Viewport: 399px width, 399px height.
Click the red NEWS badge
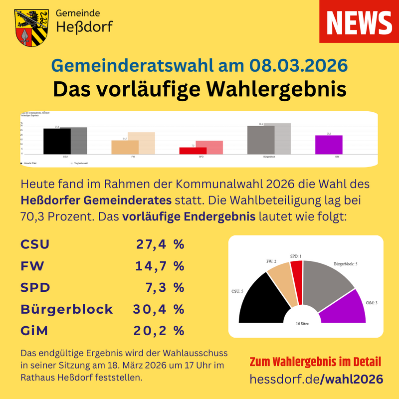[359, 21]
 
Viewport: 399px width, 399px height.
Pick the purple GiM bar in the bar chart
[329, 145]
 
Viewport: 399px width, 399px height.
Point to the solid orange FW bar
[125, 147]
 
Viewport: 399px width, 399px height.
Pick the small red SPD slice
[297, 282]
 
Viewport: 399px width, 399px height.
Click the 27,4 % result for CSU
[160, 245]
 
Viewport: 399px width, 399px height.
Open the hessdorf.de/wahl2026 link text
[316, 379]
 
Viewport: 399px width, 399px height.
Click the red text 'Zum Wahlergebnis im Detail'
[315, 362]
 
